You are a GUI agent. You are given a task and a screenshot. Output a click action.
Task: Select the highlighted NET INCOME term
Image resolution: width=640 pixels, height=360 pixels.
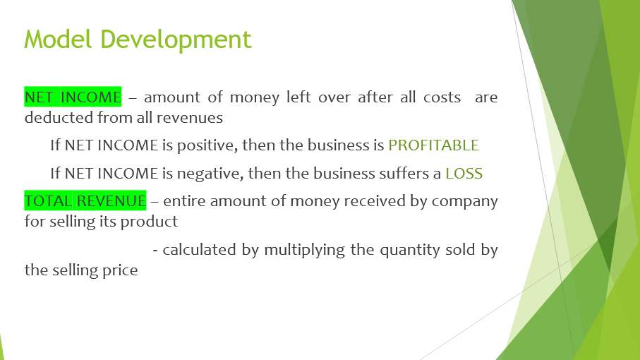click(73, 97)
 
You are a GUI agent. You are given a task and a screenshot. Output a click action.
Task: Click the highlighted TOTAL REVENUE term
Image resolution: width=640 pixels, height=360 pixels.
click(85, 201)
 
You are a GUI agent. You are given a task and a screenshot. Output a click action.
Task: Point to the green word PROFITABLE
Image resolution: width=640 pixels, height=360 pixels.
click(433, 145)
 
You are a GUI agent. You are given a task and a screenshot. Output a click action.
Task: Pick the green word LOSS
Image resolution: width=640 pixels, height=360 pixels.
click(464, 173)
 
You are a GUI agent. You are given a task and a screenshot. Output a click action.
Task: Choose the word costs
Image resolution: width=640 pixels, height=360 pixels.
click(441, 97)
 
